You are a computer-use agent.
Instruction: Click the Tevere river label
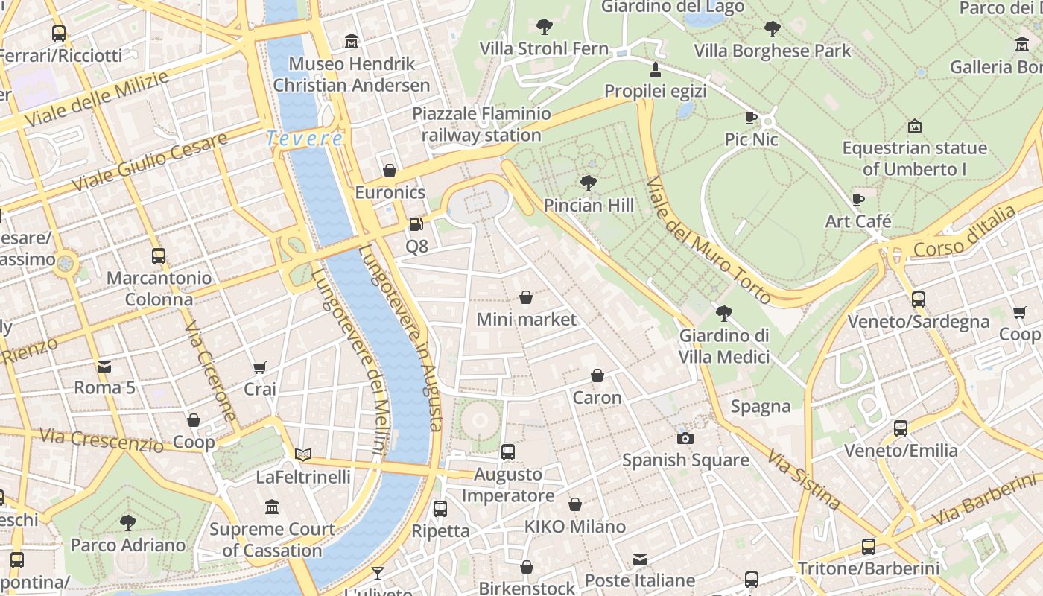[305, 139]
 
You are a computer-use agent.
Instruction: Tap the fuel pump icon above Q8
[416, 223]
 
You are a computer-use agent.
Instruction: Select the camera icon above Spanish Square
[685, 438]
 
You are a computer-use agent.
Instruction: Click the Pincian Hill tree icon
[588, 183]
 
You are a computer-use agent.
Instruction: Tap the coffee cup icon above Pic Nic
[750, 118]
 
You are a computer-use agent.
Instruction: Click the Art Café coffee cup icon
[857, 200]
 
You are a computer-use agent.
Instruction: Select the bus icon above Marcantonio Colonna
[158, 256]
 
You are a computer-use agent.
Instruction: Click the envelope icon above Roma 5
[104, 366]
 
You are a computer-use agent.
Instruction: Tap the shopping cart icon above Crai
[259, 367]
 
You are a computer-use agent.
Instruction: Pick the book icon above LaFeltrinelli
[302, 454]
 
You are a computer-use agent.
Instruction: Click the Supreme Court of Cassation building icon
[272, 507]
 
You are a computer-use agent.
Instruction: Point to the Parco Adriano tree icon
[128, 522]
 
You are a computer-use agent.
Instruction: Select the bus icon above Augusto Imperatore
[508, 451]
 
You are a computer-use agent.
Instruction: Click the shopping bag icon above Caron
[597, 375]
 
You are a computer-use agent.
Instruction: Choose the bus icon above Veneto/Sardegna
[918, 299]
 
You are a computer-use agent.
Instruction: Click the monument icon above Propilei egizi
[656, 70]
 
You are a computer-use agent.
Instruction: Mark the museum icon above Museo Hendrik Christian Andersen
[352, 42]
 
